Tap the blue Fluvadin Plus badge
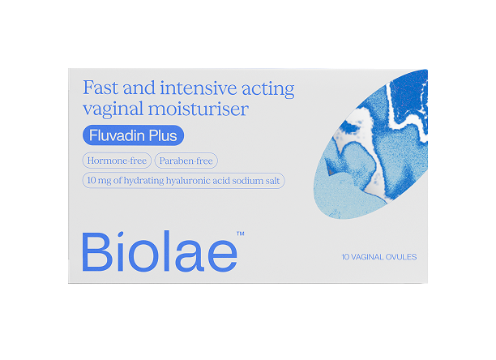tap(133, 136)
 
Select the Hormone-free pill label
tap(118, 161)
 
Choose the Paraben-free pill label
tap(186, 161)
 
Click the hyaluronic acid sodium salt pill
tap(183, 181)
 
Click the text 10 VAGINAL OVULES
tap(378, 257)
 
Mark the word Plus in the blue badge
tap(162, 136)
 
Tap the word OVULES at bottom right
tap(400, 257)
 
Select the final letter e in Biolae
tap(220, 254)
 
